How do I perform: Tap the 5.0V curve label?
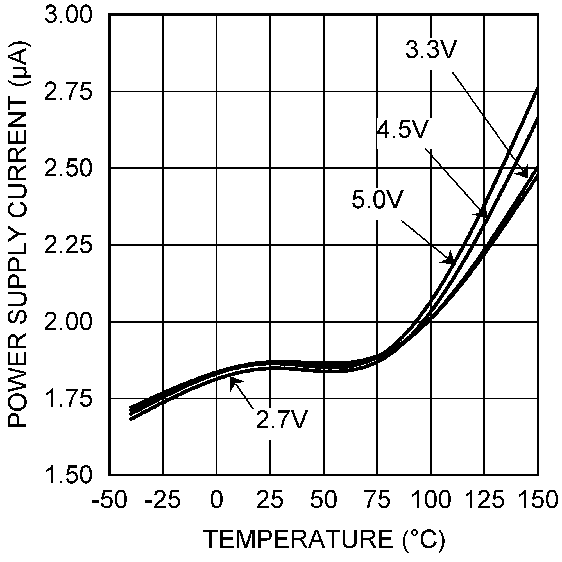click(377, 200)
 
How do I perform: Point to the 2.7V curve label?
click(282, 420)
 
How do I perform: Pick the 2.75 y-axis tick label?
click(68, 92)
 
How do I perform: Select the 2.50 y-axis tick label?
click(68, 169)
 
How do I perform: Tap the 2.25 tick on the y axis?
click(68, 245)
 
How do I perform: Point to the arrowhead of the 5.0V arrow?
click(449, 259)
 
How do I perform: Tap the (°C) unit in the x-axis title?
click(424, 539)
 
